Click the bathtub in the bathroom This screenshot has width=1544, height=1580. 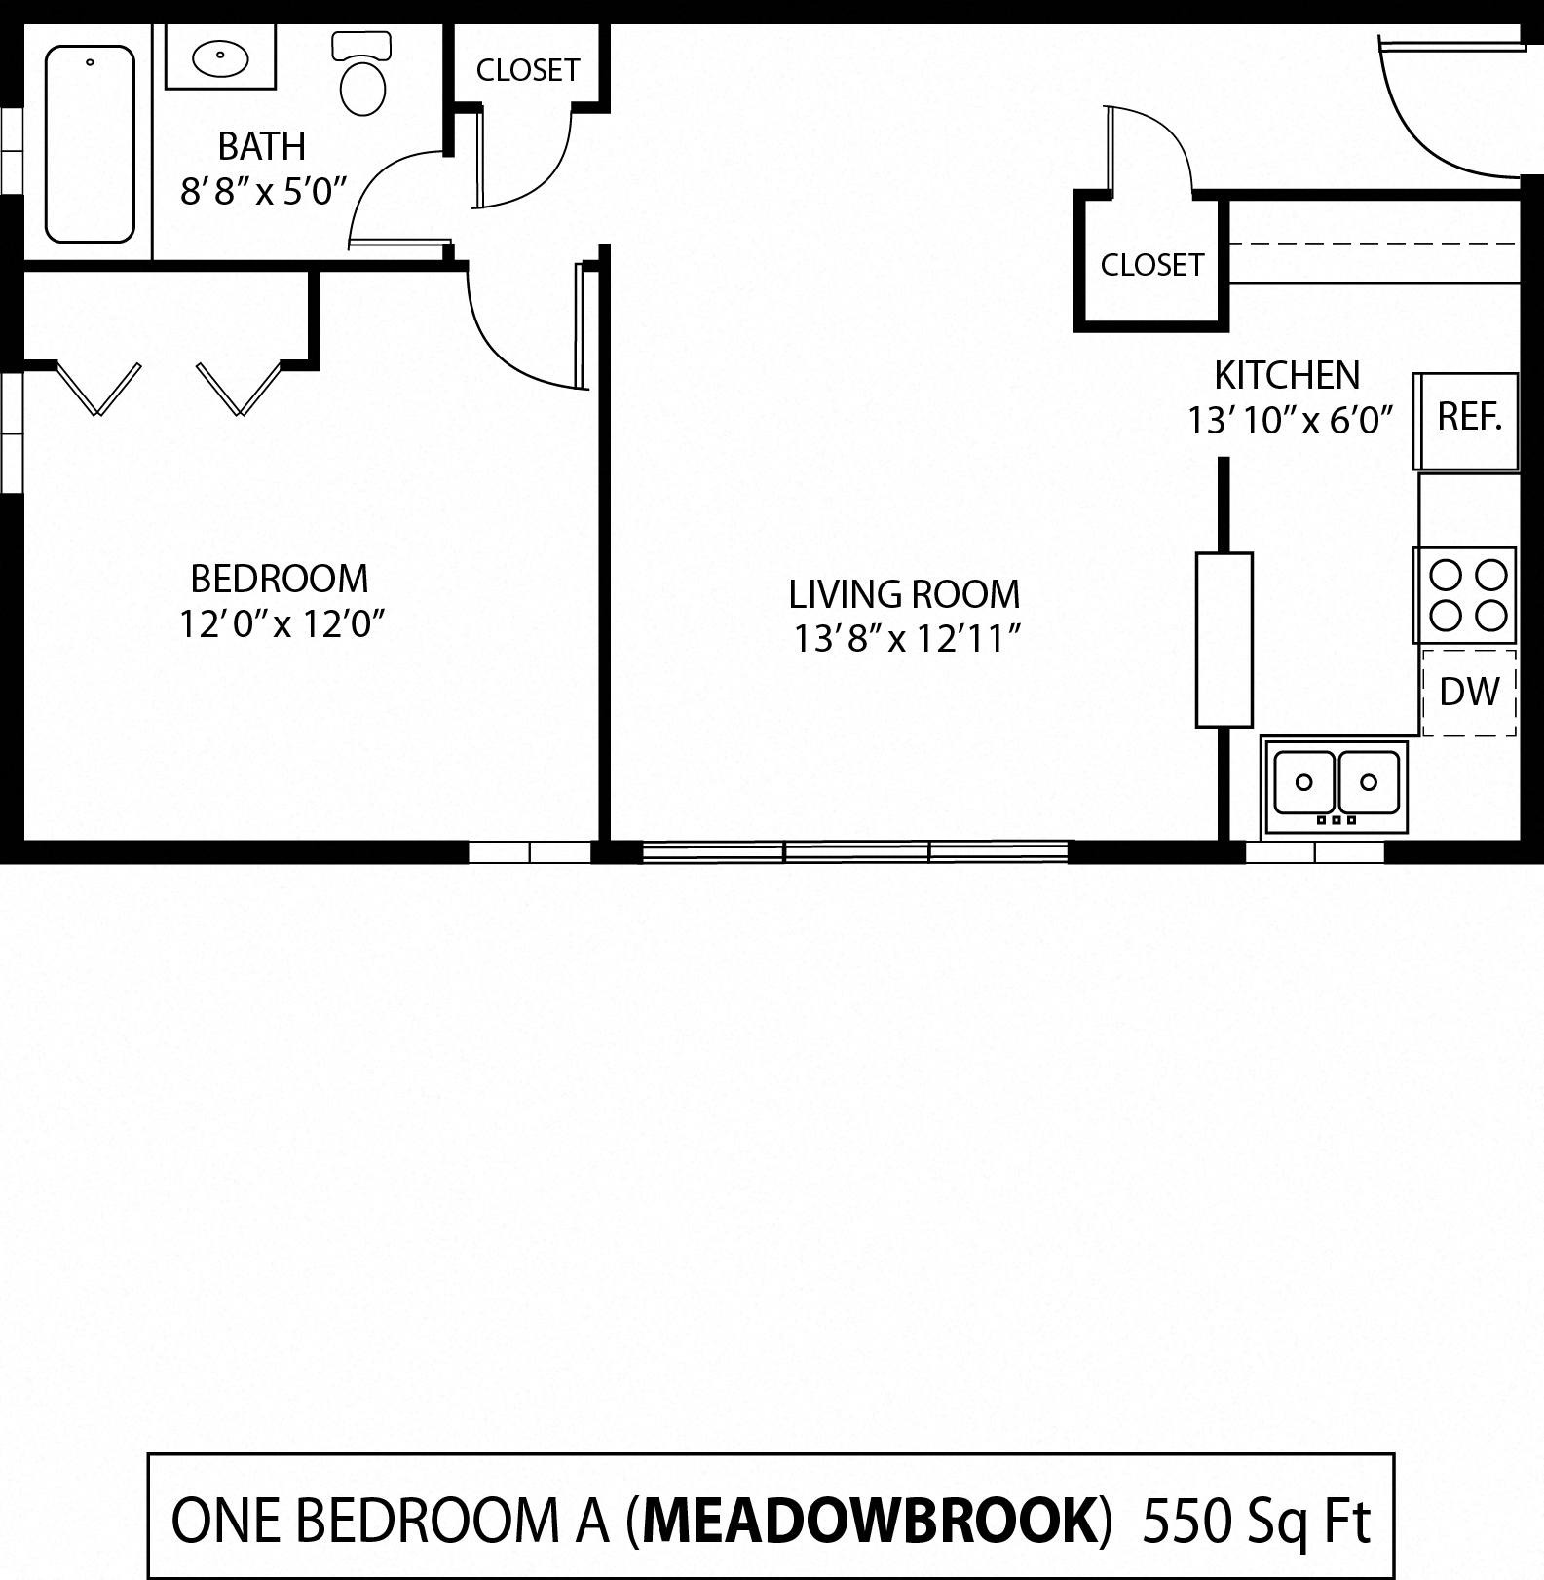(x=90, y=144)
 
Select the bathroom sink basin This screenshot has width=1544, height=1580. (x=220, y=59)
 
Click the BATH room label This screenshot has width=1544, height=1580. (x=261, y=147)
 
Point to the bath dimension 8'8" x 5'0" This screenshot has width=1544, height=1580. (x=264, y=192)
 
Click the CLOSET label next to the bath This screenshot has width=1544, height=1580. (x=528, y=70)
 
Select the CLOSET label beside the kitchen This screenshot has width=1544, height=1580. (x=1151, y=265)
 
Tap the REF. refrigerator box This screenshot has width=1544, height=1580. (x=1468, y=419)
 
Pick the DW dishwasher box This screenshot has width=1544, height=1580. (x=1469, y=692)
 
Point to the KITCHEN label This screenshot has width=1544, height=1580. (x=1286, y=375)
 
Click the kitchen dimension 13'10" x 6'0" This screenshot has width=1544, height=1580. (x=1290, y=421)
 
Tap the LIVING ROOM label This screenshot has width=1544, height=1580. (x=904, y=594)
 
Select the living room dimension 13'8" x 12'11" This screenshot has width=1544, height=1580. (x=906, y=640)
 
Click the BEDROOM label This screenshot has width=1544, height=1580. (x=279, y=580)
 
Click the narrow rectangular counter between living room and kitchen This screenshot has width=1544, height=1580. (x=1224, y=640)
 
